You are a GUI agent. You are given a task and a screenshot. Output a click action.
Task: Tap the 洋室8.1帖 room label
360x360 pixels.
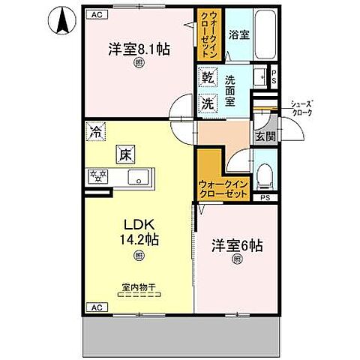pyautogui.click(x=139, y=49)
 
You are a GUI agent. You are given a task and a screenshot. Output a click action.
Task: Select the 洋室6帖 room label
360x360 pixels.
pyautogui.click(x=237, y=246)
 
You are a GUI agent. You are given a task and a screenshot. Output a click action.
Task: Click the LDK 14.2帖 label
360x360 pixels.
pyautogui.click(x=139, y=232)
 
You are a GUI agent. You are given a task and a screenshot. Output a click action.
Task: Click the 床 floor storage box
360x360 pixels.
pyautogui.click(x=124, y=155)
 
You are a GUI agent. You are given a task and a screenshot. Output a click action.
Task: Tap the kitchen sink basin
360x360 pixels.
pyautogui.click(x=139, y=178)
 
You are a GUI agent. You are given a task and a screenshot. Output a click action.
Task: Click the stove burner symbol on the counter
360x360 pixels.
pyautogui.click(x=98, y=178)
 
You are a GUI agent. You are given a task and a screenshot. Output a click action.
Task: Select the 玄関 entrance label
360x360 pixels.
pyautogui.click(x=263, y=136)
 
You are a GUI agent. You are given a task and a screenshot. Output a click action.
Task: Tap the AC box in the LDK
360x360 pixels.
pyautogui.click(x=97, y=306)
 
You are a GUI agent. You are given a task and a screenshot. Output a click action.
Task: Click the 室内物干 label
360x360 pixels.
pyautogui.click(x=136, y=286)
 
